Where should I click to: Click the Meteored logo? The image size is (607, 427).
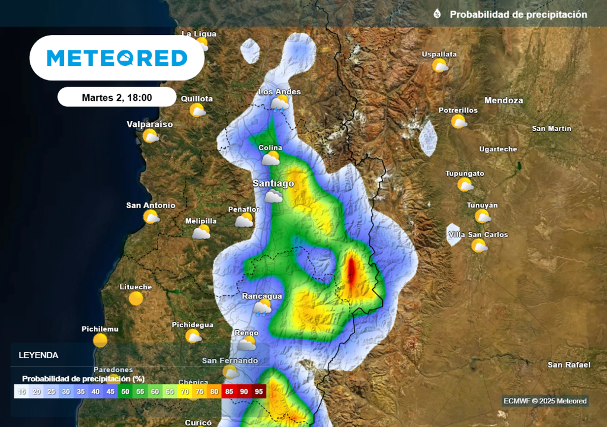pyautogui.click(x=117, y=58)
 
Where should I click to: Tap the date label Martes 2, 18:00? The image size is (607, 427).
pyautogui.click(x=117, y=97)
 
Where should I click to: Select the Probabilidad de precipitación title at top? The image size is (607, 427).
pyautogui.click(x=518, y=14)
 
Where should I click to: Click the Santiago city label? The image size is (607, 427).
pyautogui.click(x=273, y=184)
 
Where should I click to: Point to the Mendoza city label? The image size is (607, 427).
pyautogui.click(x=504, y=101)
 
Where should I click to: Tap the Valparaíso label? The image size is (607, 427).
pyautogui.click(x=149, y=125)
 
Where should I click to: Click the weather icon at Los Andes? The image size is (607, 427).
pyautogui.click(x=279, y=104)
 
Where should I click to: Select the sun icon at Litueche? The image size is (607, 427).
pyautogui.click(x=136, y=298)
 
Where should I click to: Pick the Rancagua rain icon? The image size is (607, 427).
pyautogui.click(x=262, y=307)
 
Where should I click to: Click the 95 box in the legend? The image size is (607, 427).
pyautogui.click(x=259, y=391)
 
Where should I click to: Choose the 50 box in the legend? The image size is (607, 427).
pyautogui.click(x=126, y=391)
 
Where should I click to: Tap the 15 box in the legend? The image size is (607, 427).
pyautogui.click(x=22, y=391)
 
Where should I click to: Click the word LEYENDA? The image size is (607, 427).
pyautogui.click(x=39, y=356)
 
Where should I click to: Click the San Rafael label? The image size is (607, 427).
pyautogui.click(x=568, y=365)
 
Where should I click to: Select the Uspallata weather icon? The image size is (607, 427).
pyautogui.click(x=440, y=65)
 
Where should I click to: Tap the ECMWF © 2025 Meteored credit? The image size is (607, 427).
pyautogui.click(x=545, y=401)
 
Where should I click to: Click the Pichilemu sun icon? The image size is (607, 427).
pyautogui.click(x=100, y=340)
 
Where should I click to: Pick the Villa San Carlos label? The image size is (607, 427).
pyautogui.click(x=478, y=235)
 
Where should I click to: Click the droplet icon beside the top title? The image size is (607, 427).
pyautogui.click(x=437, y=14)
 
